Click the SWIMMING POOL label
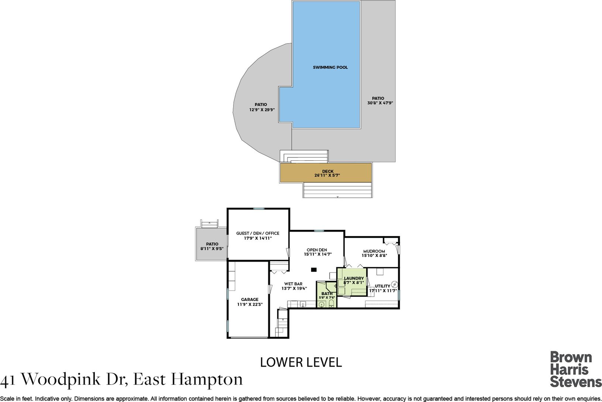330,67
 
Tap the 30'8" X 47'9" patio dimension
380,103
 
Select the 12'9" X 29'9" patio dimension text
262,109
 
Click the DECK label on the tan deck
328,171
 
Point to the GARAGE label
250,300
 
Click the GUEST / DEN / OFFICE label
258,233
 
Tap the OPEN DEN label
317,250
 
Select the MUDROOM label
374,251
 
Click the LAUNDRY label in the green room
354,278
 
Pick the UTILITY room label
382,286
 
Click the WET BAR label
293,284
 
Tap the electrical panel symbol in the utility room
395,284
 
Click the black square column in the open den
314,269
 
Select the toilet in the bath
331,304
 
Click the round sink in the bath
321,304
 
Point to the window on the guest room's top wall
259,208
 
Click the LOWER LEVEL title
301,362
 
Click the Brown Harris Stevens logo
575,369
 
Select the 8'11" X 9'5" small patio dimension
212,249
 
